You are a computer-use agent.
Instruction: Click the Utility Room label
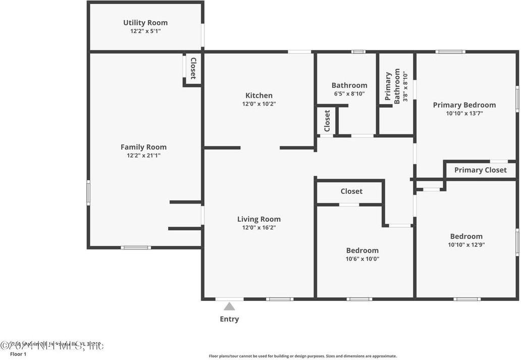coord(145,23)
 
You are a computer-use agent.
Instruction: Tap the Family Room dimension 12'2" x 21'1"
coord(143,156)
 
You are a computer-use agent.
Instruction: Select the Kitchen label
coord(259,95)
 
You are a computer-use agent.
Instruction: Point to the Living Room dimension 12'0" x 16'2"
coord(259,228)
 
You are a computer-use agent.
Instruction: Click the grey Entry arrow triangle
coord(229,306)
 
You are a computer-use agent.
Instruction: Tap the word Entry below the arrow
coord(229,319)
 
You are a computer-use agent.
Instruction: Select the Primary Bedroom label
coord(464,105)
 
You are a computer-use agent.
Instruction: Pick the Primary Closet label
coord(480,170)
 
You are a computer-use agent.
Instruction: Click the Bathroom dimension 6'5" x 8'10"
coord(349,93)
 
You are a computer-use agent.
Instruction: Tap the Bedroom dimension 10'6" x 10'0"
coord(362,259)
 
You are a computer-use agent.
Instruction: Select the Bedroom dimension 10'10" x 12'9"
coord(466,245)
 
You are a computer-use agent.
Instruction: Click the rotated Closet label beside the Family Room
coord(193,68)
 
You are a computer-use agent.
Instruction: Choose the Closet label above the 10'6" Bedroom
coord(351,191)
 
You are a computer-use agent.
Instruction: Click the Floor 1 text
coord(18,354)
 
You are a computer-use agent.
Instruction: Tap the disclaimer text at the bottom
coord(303,356)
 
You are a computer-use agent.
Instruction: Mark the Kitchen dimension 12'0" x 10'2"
coord(259,104)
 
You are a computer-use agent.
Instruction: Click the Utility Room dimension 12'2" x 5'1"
coord(145,31)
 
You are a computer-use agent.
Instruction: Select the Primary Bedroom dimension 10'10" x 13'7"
coord(464,114)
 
